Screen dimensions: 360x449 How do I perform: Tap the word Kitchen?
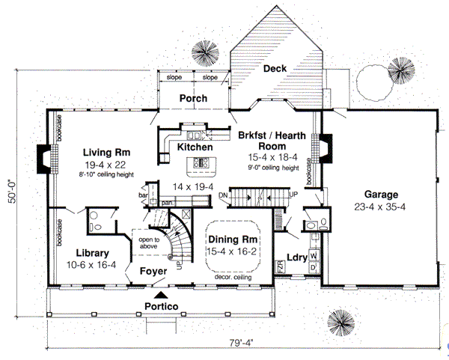(x=195, y=147)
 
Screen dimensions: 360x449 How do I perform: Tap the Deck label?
(x=275, y=69)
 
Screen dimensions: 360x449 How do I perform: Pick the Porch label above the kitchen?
(x=193, y=98)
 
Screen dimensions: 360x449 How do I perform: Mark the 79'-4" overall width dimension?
(x=241, y=344)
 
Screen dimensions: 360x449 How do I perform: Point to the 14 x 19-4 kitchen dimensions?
(x=193, y=186)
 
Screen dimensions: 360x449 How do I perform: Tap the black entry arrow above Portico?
(x=157, y=297)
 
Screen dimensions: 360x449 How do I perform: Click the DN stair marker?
(x=222, y=195)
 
